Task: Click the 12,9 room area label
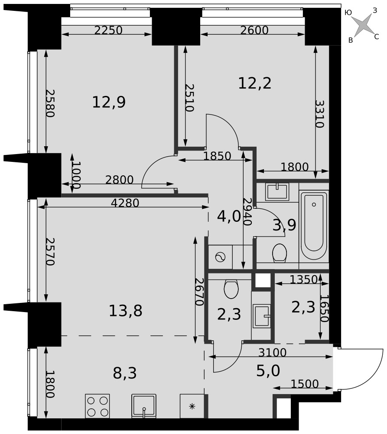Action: coord(109,102)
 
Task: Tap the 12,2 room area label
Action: coord(254,83)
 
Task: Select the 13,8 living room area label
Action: coord(125,311)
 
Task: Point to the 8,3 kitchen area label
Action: coord(125,373)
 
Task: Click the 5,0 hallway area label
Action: coord(268,371)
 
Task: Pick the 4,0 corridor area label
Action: coord(229,217)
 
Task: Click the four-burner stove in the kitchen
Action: coord(98,406)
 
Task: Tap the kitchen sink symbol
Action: coord(144,406)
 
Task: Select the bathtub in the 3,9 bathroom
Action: coord(314,226)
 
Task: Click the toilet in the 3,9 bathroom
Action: coord(280,253)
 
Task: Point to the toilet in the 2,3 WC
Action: coord(231,289)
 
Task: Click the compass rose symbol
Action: coord(363,25)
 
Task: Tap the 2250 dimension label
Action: coord(108,30)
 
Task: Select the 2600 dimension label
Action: coord(254,30)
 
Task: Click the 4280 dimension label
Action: coord(125,203)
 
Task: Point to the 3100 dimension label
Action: coord(273,352)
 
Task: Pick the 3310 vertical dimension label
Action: coord(319,114)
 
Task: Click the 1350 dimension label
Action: coord(303,279)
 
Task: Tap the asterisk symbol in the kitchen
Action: coord(192,406)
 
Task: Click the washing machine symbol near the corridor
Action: coord(220,257)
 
